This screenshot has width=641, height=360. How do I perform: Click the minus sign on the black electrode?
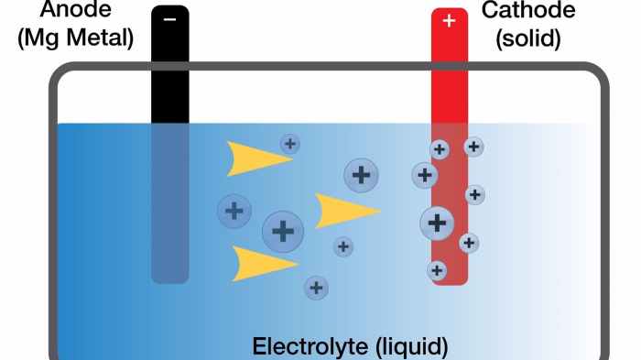point(170,18)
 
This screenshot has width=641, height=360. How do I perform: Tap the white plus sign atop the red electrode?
point(449,20)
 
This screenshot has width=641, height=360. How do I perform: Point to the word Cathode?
point(528,11)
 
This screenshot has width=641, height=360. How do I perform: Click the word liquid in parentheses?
point(411,347)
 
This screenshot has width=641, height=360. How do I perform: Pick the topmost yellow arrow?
point(256,158)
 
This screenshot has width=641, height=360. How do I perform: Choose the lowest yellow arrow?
point(262,264)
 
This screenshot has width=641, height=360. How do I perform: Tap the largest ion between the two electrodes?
point(283,231)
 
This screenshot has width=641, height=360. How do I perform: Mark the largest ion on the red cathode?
point(438,223)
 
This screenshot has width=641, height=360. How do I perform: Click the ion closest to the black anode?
point(235,211)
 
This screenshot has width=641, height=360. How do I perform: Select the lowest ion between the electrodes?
point(317,288)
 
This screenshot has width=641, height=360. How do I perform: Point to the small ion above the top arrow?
point(290,143)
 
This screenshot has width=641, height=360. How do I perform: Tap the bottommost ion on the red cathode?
point(438,270)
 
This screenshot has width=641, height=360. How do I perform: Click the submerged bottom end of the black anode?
point(170,271)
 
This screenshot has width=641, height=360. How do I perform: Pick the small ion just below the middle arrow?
point(343,245)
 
